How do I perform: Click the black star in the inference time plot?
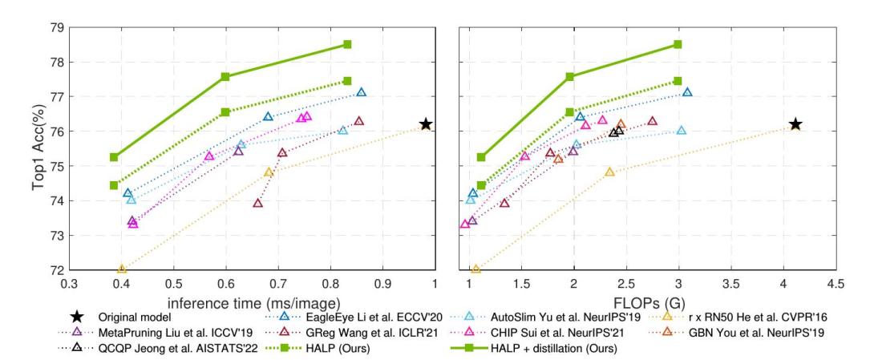(426, 124)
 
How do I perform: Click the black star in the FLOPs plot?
(795, 124)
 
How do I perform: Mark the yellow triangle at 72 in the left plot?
(122, 269)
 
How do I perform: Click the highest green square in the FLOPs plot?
(678, 44)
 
